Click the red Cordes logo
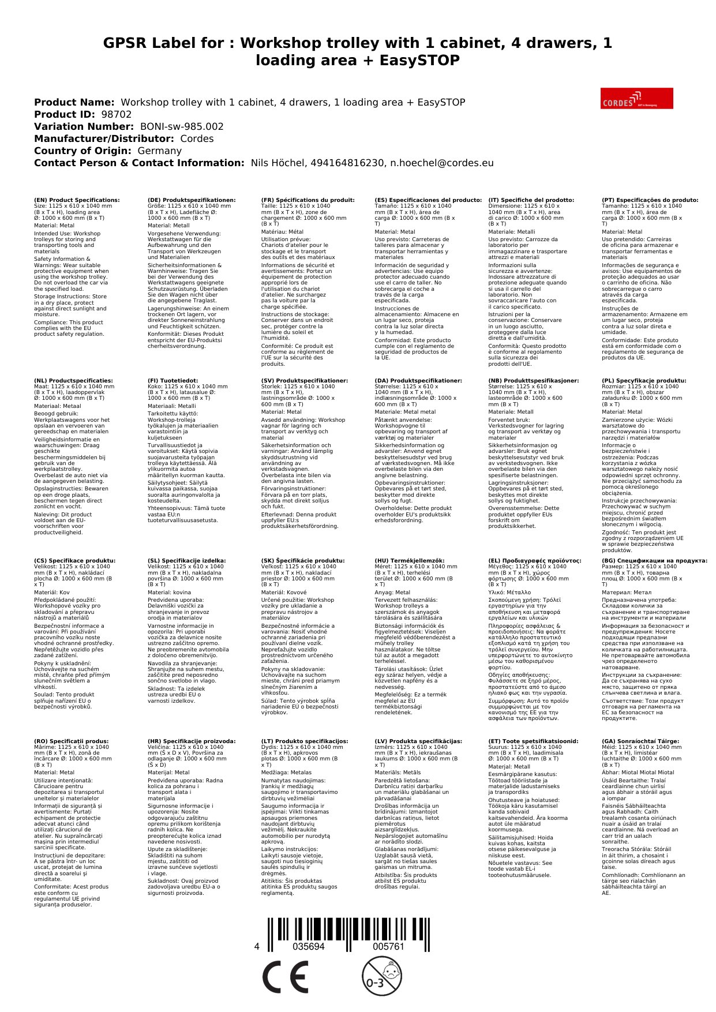[x=636, y=98]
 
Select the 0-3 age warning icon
[x=381, y=976]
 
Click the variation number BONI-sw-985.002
[x=182, y=126]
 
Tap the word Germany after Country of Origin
[x=159, y=151]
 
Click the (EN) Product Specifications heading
[x=77, y=200]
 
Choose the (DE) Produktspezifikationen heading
[x=192, y=200]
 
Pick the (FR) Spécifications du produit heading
[x=308, y=200]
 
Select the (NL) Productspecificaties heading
[x=73, y=381]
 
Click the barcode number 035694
[x=309, y=947]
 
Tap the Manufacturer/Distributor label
[x=104, y=138]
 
